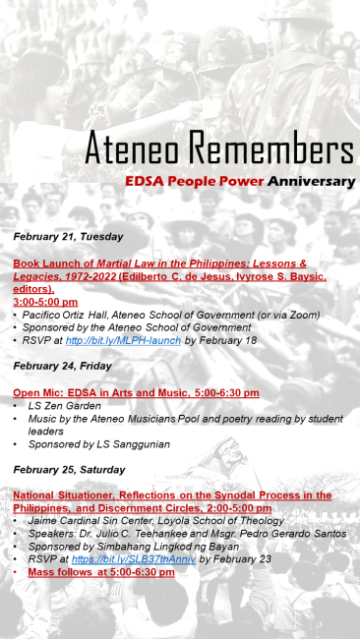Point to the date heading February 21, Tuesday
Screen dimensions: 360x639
point(68,236)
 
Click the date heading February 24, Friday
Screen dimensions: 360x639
point(62,366)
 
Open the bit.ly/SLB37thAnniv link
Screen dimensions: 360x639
point(149,558)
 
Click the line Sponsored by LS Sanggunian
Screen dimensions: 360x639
point(86,443)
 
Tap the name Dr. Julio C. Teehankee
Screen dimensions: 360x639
point(125,533)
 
